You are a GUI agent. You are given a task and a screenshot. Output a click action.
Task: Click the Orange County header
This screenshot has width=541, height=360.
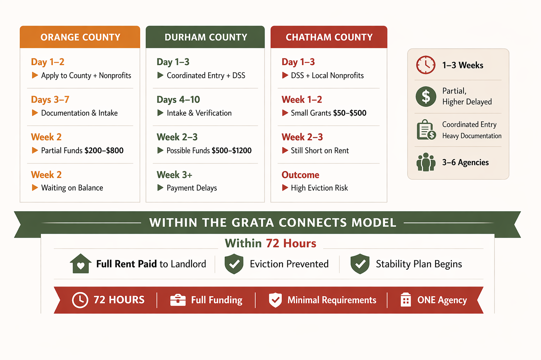click(x=80, y=37)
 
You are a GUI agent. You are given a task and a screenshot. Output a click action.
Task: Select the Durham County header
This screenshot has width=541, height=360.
click(x=206, y=37)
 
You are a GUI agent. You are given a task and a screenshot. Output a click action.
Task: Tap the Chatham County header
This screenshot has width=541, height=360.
click(x=329, y=37)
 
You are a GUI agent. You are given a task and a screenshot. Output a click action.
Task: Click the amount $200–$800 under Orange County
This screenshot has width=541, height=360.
click(x=104, y=150)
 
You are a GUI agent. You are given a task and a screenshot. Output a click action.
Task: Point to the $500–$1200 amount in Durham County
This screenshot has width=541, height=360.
click(x=231, y=150)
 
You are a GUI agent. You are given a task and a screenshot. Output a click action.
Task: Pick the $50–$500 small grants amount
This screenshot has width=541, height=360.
click(x=349, y=113)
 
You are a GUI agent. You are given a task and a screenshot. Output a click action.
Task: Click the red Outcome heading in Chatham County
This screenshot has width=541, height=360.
click(x=300, y=175)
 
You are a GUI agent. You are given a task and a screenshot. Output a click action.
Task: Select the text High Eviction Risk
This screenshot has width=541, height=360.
click(x=319, y=188)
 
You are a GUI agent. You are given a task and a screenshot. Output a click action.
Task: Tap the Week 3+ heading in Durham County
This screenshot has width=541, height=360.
click(x=174, y=175)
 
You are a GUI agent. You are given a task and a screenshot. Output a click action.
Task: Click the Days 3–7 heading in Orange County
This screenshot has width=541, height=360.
click(x=50, y=99)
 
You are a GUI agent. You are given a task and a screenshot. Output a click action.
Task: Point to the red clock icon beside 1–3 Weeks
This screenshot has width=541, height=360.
click(x=426, y=65)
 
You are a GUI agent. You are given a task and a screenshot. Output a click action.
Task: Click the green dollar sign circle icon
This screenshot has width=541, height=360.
click(x=426, y=96)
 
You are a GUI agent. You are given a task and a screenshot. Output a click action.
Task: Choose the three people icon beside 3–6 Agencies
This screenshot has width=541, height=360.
click(x=426, y=162)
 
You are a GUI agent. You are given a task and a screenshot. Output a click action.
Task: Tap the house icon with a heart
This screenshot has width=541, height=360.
click(x=81, y=264)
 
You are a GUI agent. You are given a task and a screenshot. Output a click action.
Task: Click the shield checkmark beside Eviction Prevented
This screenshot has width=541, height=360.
click(x=234, y=264)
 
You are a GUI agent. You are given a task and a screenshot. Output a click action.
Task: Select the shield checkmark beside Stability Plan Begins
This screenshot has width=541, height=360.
click(x=360, y=264)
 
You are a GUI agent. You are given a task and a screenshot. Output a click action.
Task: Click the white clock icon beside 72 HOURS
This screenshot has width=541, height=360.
click(x=80, y=300)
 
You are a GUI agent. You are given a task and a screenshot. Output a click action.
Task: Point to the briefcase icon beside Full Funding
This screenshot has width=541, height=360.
click(x=178, y=300)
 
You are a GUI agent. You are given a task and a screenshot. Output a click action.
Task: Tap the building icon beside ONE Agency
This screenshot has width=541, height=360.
click(x=406, y=300)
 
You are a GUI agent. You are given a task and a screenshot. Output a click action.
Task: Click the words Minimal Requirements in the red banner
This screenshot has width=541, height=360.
click(x=332, y=300)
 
